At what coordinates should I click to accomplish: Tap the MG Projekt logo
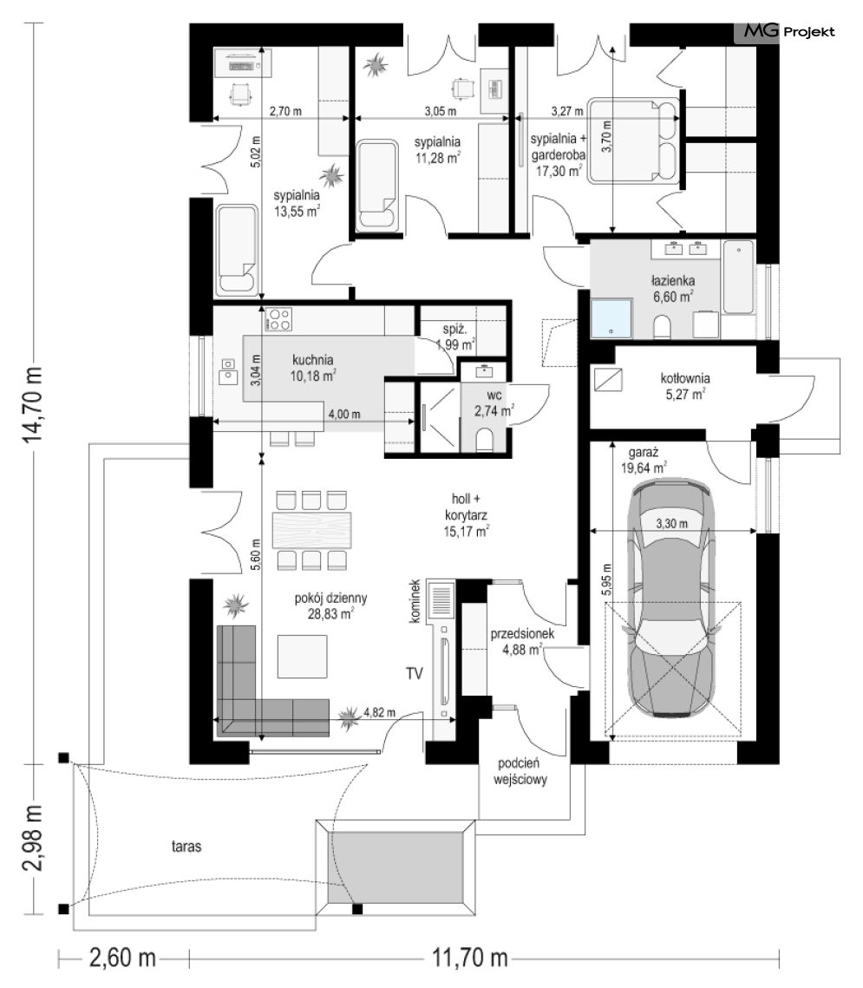(789, 31)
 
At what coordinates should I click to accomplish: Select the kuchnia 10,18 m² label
(312, 369)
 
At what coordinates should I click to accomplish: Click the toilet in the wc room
(485, 441)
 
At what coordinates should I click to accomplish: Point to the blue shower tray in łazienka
(611, 319)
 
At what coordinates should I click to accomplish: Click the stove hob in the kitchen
(278, 319)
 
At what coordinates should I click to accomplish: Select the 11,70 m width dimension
(469, 959)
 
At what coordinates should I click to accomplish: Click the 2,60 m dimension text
(122, 959)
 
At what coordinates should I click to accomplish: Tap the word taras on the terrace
(186, 847)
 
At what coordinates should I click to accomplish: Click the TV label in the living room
(415, 674)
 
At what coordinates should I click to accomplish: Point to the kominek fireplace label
(415, 602)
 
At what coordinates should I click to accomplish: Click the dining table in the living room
(312, 530)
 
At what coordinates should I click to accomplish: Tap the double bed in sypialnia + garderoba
(634, 141)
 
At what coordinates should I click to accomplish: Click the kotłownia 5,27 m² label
(684, 386)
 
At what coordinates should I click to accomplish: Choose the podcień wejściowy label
(520, 771)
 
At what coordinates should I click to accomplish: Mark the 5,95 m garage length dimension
(606, 579)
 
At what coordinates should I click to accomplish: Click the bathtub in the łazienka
(738, 277)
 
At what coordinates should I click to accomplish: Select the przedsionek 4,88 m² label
(522, 641)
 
